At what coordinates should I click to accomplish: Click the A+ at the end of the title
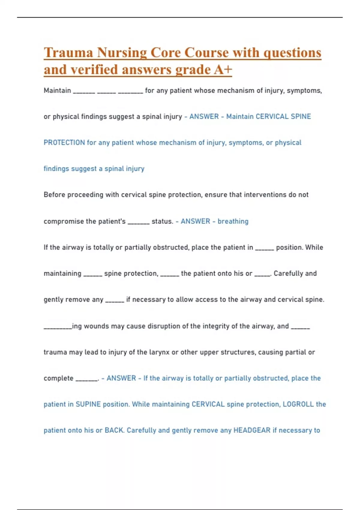[223, 70]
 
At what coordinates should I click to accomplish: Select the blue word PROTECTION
[64, 142]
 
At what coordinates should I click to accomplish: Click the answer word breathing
[233, 221]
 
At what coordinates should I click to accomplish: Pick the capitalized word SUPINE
[88, 404]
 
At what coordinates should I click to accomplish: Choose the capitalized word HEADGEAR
[252, 430]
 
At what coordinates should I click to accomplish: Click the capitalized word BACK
[114, 430]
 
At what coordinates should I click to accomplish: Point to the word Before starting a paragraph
[54, 195]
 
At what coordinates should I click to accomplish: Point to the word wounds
[96, 326]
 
